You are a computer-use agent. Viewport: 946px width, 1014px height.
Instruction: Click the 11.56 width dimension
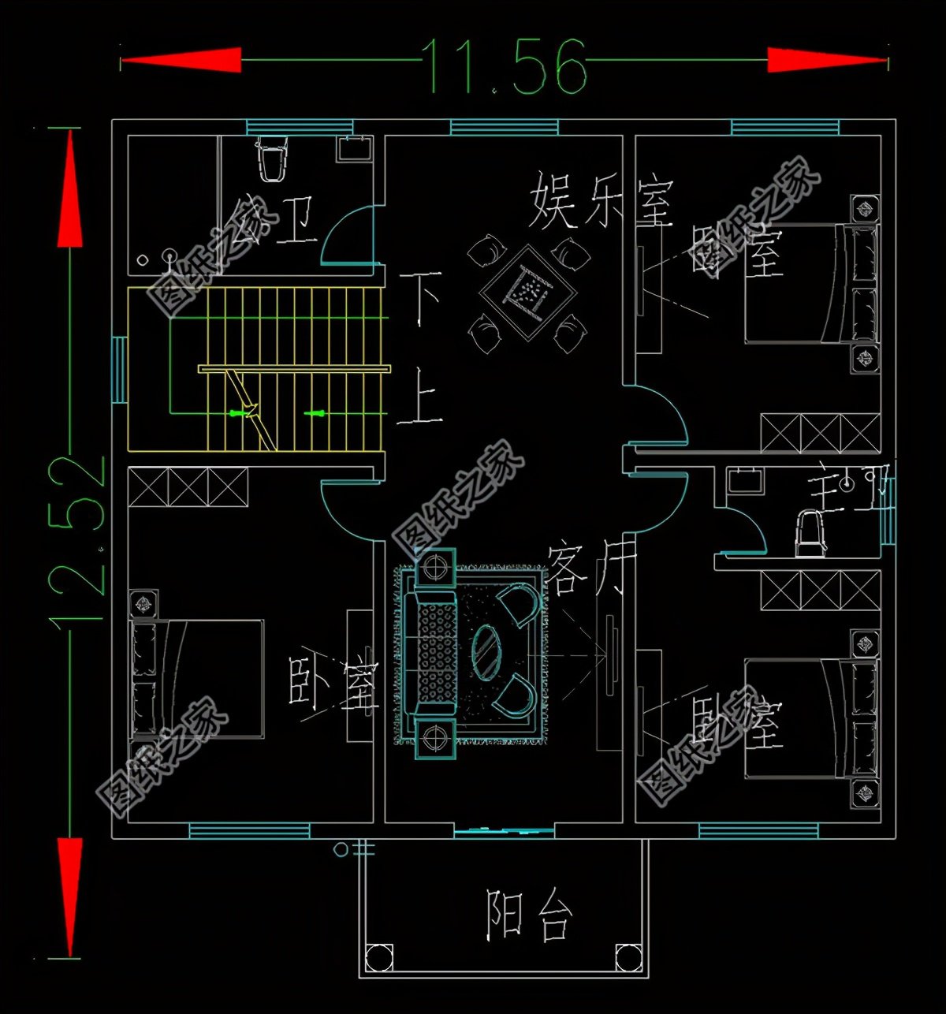(505, 65)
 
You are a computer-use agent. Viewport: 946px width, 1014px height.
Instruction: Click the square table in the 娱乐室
(527, 293)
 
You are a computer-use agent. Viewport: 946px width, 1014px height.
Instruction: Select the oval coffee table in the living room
(486, 651)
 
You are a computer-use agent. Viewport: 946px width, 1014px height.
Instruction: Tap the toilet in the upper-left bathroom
(271, 161)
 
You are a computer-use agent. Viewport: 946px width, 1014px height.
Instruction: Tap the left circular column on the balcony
(380, 956)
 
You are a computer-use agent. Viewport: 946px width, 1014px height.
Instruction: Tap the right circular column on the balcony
(628, 956)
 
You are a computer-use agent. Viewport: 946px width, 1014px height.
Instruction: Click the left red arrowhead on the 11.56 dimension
(181, 61)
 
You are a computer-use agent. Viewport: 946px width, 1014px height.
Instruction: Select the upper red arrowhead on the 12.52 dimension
(69, 189)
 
